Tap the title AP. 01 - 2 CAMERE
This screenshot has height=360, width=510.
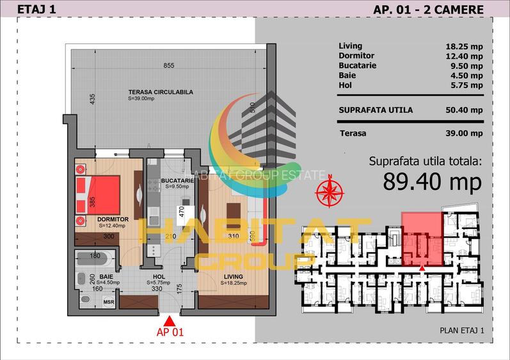pos(428,9)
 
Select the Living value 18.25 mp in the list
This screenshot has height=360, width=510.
pos(464,46)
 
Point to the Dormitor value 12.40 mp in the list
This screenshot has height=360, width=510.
pos(464,56)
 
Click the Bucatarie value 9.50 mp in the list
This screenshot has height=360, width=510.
pos(466,65)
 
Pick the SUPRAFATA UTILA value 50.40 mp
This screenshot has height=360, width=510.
pos(464,110)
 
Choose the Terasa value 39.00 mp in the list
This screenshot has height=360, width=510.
pos(464,133)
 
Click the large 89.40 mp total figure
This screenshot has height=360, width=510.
pos(432,182)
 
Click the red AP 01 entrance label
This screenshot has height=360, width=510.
pos(170,332)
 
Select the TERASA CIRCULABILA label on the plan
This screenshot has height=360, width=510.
pos(160,92)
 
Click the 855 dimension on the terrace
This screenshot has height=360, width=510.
pos(168,65)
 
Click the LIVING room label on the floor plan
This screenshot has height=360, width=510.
pos(231,277)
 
